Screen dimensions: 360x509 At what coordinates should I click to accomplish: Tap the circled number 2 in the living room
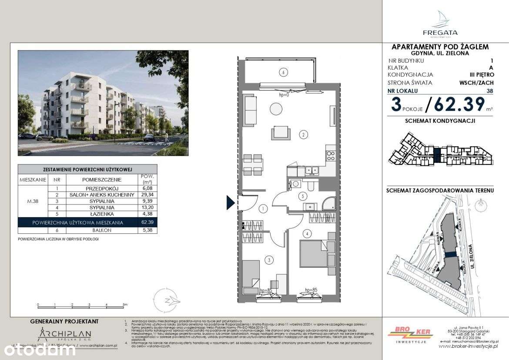click(x=303, y=135)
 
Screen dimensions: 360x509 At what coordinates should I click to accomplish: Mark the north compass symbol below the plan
click(x=168, y=299)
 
